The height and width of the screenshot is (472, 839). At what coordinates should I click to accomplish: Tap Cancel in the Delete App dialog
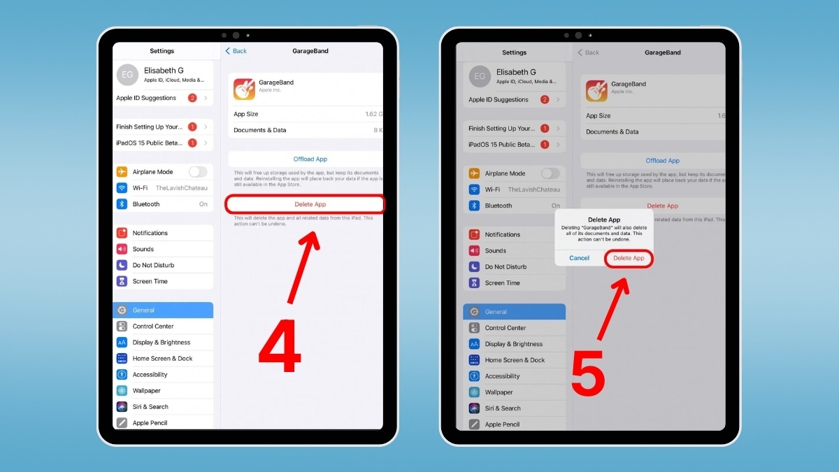click(579, 258)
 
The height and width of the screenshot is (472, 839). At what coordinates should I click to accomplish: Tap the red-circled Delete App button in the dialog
click(629, 258)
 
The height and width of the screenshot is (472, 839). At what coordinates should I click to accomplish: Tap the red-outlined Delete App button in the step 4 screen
click(305, 204)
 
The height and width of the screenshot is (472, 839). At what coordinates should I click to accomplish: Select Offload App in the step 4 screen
click(310, 159)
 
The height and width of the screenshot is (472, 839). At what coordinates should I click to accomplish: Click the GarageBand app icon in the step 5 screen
click(596, 90)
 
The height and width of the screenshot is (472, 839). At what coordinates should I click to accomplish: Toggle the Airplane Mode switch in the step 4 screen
click(198, 172)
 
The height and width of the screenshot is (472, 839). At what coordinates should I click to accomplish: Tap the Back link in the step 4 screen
click(236, 51)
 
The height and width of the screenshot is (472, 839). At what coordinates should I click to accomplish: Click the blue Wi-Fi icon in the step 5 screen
click(474, 189)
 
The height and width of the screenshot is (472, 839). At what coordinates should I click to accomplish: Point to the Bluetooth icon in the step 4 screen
click(122, 204)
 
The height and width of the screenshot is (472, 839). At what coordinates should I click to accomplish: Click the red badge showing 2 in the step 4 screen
click(192, 98)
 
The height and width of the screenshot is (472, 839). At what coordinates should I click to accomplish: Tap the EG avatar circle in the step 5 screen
click(480, 76)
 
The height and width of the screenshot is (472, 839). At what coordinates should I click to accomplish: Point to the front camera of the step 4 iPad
click(236, 35)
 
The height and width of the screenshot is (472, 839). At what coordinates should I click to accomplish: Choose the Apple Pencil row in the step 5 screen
click(514, 424)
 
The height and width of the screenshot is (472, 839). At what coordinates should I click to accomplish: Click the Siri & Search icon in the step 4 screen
click(122, 407)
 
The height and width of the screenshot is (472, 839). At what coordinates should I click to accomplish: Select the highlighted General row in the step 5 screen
click(514, 312)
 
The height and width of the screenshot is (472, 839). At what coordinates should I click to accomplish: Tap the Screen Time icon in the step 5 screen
click(474, 283)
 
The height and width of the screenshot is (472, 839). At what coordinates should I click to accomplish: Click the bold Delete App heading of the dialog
click(603, 220)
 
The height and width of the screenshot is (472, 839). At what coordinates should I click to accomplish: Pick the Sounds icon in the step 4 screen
click(122, 249)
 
